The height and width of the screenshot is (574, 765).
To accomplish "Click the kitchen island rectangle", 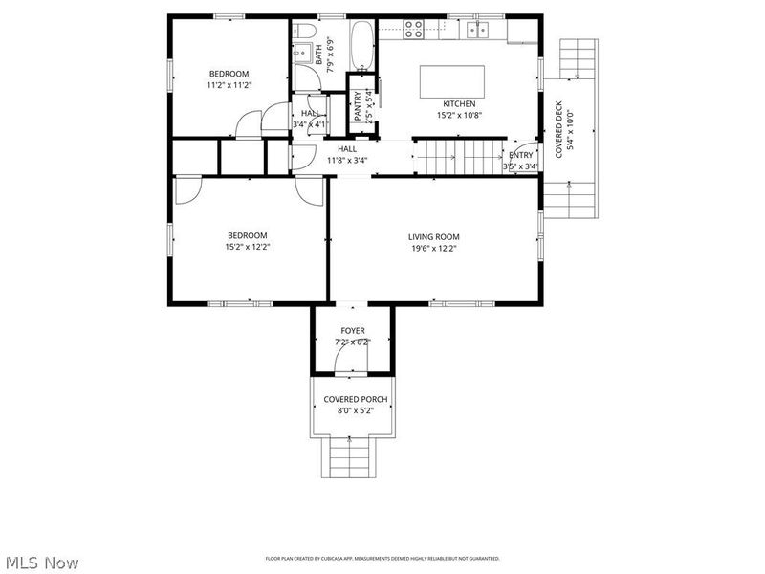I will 452,81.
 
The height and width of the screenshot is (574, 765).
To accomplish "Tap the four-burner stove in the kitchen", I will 414,30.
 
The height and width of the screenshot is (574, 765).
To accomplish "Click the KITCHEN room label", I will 458,104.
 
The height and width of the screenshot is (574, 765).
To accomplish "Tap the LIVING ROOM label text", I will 434,237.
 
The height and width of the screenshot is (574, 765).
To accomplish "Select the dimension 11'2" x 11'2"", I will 229,85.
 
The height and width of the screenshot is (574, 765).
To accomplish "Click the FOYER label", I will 353,331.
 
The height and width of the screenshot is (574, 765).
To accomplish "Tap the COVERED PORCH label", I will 355,399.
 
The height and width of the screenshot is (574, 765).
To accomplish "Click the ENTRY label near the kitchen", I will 521,156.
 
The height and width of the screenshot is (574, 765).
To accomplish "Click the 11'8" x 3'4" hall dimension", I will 346,161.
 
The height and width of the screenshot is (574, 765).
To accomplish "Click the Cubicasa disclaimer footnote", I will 382,559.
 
